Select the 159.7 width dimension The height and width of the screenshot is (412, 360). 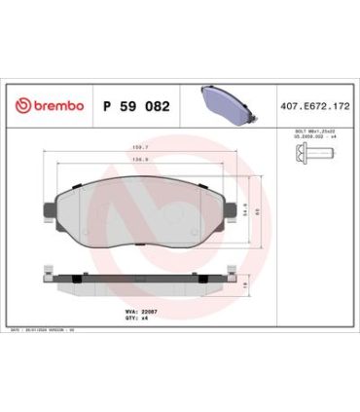pyautogui.click(x=140, y=146)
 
